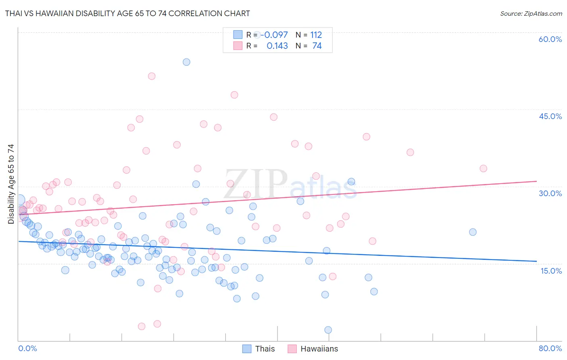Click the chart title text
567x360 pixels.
coord(127,13)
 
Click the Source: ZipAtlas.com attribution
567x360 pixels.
coord(531,13)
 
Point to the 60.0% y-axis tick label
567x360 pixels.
coord(550,39)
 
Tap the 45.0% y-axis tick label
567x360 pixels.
coord(550,116)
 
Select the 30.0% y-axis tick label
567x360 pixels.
coord(550,193)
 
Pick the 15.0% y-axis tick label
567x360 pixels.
coord(551,271)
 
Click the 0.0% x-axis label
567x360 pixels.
coord(27,348)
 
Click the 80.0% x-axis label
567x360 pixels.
coord(550,348)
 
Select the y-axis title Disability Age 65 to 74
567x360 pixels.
coord(11,184)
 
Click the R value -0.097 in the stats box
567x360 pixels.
coord(274,35)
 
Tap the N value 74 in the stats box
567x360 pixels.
coord(317,46)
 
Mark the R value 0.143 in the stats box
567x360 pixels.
coord(277,46)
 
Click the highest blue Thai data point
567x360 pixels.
coord(186,62)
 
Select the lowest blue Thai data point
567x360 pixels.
coord(328,330)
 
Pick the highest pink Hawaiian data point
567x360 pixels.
coord(152,76)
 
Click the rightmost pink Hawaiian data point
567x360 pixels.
coord(483,168)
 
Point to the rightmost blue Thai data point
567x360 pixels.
coord(473,232)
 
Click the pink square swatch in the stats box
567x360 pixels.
coord(238,46)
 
